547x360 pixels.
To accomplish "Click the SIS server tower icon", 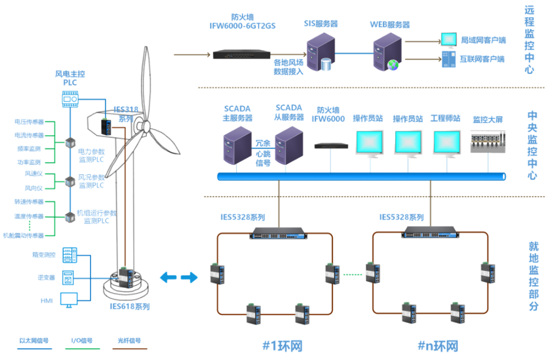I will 321,52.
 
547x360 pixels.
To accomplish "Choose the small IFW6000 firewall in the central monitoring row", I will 331,146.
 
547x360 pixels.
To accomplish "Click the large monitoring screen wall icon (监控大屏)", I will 488,142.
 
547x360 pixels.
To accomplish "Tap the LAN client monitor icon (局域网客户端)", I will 448,39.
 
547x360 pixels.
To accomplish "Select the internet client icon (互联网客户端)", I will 448,59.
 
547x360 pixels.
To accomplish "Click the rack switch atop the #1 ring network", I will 279,232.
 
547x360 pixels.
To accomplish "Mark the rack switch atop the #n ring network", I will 429,232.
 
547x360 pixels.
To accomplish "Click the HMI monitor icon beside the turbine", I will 69,300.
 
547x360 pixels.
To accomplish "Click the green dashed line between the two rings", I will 353,275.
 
